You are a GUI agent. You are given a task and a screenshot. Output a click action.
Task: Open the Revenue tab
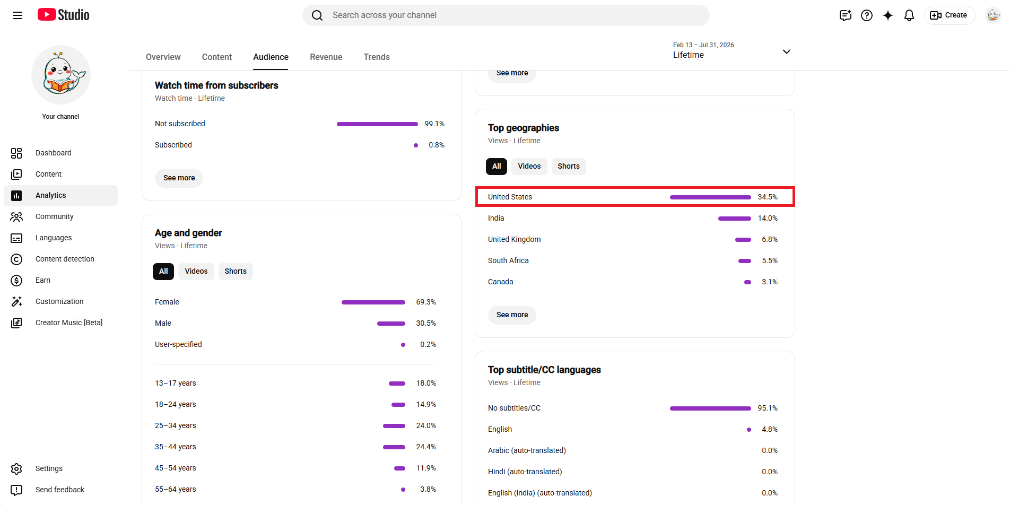[326, 57]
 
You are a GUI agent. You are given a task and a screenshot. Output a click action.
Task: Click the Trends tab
[377, 57]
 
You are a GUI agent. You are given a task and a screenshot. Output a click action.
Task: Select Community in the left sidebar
[54, 216]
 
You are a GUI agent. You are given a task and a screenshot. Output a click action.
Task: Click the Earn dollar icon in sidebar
[16, 280]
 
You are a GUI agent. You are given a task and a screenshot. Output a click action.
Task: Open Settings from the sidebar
[49, 468]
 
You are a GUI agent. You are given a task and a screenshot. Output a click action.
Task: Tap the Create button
[949, 15]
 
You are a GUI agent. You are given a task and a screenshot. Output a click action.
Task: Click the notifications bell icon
[909, 15]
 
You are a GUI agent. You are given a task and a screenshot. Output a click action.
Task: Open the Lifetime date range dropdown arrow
[787, 51]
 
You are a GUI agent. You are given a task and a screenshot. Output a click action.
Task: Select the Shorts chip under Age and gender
[236, 271]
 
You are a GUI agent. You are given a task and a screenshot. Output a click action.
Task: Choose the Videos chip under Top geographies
[529, 166]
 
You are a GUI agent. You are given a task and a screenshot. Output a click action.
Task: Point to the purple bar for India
[735, 219]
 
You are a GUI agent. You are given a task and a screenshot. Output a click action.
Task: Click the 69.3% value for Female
[426, 302]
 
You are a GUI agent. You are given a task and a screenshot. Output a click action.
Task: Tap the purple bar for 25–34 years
[394, 426]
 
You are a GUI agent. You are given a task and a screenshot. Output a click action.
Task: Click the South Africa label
[508, 260]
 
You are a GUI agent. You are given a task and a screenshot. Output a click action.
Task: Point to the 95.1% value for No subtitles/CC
[768, 408]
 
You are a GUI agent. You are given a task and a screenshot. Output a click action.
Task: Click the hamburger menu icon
[18, 15]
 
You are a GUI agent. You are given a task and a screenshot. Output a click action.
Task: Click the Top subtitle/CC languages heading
[544, 370]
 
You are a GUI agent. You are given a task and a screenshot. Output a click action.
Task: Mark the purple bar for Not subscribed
[377, 124]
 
